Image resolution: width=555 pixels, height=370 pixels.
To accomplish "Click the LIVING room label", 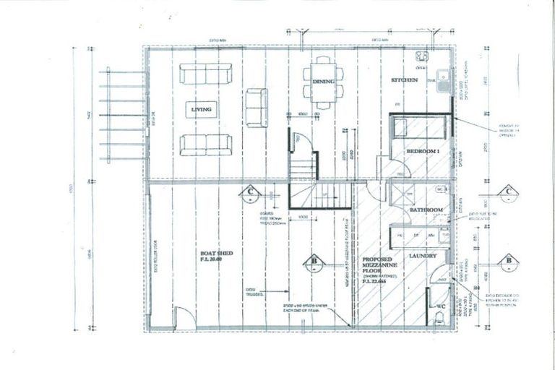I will [202, 110].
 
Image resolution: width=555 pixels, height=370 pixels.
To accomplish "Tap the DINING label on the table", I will [323, 82].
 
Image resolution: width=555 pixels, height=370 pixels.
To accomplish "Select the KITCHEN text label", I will [405, 80].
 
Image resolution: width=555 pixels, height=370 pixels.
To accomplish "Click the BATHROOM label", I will [426, 210].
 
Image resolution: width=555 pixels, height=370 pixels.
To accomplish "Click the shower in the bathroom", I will [399, 192].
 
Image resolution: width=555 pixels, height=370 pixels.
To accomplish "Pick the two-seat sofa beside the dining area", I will [256, 108].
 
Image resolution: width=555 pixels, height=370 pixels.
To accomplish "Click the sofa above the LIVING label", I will [203, 74].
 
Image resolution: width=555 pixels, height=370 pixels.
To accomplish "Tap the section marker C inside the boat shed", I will [249, 191].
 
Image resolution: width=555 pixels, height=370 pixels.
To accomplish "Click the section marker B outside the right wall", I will [509, 259].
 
